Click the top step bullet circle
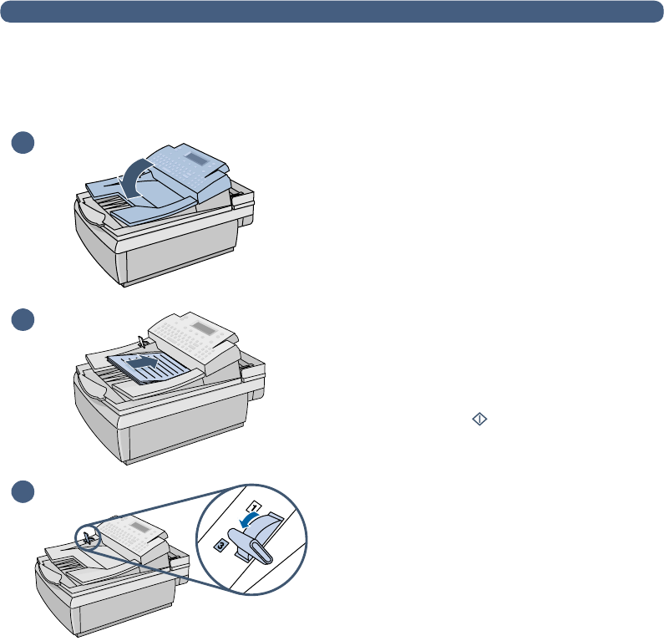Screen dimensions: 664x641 click(x=23, y=142)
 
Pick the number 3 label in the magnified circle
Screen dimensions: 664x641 click(x=221, y=544)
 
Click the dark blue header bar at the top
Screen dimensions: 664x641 click(x=332, y=11)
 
